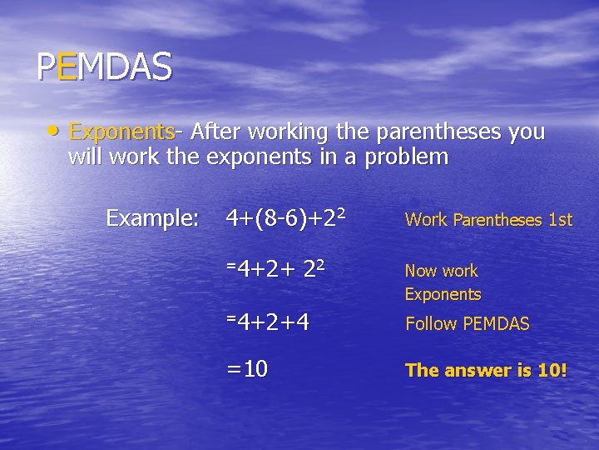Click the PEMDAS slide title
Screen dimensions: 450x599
104,67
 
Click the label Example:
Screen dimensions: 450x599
152,219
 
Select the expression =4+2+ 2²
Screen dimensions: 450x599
275,270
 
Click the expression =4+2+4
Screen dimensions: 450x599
268,321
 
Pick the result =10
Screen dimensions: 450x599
247,369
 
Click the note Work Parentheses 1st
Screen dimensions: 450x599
488,220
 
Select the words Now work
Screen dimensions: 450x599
441,271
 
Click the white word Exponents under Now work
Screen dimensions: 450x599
443,294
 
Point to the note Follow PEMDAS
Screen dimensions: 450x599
467,324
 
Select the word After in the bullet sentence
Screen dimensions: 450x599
215,132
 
